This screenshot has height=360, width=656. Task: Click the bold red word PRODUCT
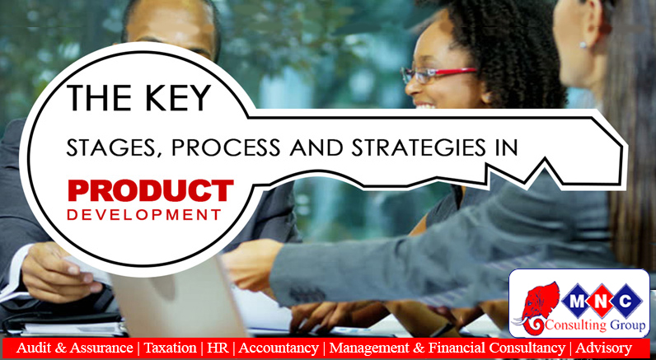coord(151,190)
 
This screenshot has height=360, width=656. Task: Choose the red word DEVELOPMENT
coord(144,215)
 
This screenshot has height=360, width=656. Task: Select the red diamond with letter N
coord(602,301)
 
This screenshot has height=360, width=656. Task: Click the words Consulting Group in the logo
coord(593,325)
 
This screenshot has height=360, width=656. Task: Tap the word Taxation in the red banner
coord(170,348)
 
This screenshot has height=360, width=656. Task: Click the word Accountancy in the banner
coord(279,348)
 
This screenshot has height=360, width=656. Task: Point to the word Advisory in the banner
coord(604,348)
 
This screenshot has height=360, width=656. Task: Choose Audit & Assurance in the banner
coord(74,348)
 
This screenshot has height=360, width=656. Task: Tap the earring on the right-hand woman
coord(582,44)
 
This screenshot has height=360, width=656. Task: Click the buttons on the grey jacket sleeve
coord(302,295)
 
